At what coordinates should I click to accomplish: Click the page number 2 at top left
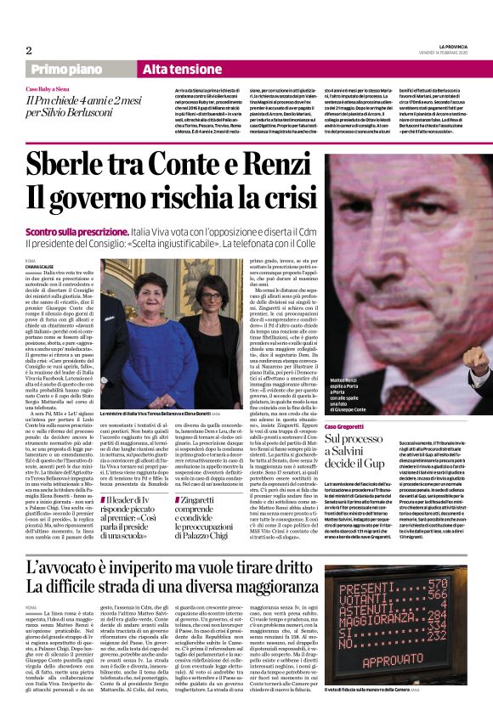click(x=28, y=50)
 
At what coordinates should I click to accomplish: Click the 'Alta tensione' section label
click(x=182, y=68)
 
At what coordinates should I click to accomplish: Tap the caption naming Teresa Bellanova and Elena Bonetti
click(x=157, y=414)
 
